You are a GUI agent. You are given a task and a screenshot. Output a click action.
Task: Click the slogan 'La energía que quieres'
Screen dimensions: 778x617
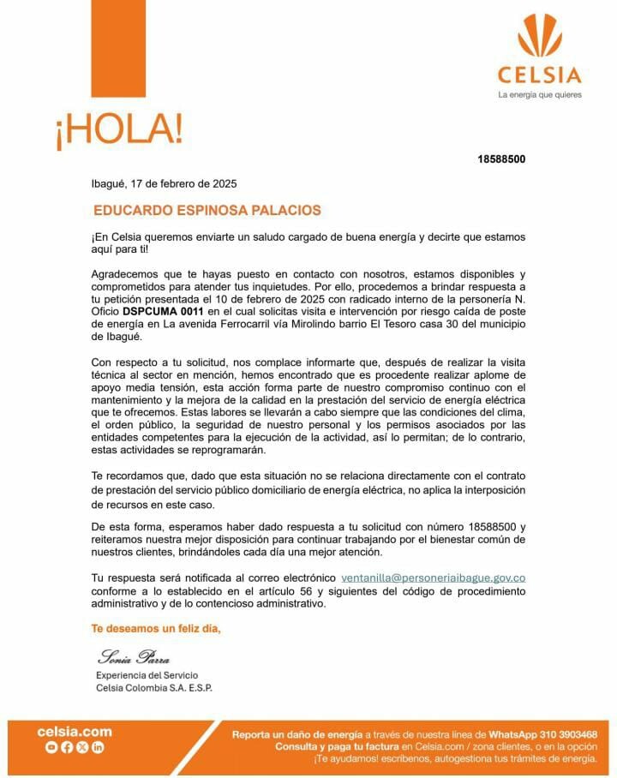[x=539, y=94]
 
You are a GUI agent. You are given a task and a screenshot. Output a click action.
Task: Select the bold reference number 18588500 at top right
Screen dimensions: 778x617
[x=501, y=159]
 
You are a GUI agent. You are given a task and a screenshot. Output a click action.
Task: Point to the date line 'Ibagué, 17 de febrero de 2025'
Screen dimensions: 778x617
[x=165, y=183]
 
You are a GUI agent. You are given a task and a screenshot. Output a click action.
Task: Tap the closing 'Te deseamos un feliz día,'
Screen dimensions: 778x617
[x=156, y=629]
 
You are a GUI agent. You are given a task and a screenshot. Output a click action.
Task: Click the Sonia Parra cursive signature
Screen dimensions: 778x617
[x=134, y=658]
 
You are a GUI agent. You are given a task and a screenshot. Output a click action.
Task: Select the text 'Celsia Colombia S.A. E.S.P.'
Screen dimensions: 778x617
[x=154, y=688]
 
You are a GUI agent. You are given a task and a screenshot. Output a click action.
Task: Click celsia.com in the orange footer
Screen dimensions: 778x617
[x=75, y=732]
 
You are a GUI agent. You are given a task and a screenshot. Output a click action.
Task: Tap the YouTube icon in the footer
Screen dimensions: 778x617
[x=52, y=748]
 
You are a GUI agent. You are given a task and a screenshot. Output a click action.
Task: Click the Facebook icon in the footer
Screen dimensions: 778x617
[x=67, y=748]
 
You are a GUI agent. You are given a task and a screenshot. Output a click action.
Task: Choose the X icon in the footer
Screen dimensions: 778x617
[x=82, y=748]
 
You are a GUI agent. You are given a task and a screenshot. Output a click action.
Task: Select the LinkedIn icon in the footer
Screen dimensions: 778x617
[x=98, y=748]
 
